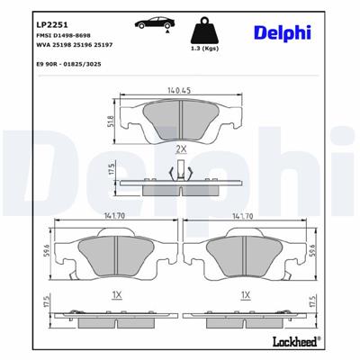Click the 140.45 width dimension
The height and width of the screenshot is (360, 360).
pyautogui.click(x=181, y=90)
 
